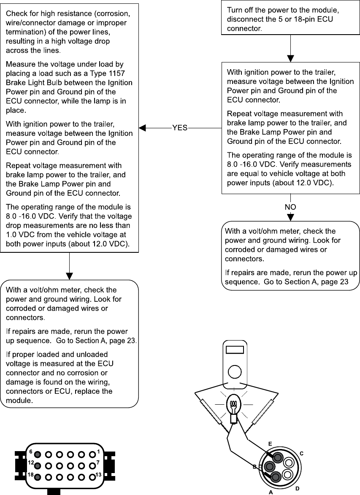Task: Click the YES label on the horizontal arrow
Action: coord(180,127)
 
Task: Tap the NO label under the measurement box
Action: coord(290,207)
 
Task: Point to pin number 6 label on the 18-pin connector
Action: coord(31,452)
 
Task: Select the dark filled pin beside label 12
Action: coord(38,466)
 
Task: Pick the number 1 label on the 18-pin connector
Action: coord(98,452)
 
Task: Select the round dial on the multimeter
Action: coord(234,372)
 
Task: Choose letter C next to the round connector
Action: coord(301,453)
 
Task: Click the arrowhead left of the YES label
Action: coord(142,127)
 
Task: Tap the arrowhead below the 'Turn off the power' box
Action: coord(290,59)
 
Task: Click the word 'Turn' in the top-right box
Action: coord(234,9)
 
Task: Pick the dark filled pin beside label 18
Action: coord(38,477)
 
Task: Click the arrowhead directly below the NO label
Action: coord(290,217)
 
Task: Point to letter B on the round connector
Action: coord(254,467)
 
